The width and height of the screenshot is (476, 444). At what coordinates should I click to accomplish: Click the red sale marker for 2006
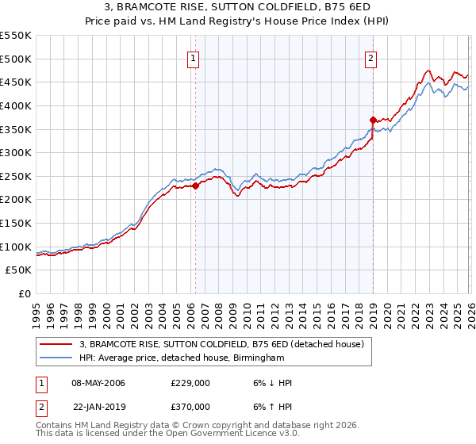(195, 186)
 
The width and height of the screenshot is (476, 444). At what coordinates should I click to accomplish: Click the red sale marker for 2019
(373, 120)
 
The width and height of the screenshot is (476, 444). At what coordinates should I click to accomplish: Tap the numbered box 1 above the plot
(194, 57)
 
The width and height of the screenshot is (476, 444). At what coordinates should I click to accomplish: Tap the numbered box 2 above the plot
(371, 57)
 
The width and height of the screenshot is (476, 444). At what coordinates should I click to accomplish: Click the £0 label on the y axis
(25, 294)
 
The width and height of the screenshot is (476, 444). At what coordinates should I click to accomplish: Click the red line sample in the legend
(56, 344)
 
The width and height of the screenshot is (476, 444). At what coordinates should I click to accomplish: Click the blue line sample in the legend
(56, 358)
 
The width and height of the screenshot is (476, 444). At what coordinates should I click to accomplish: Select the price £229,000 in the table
(190, 382)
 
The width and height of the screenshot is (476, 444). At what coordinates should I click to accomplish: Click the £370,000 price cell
(190, 406)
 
